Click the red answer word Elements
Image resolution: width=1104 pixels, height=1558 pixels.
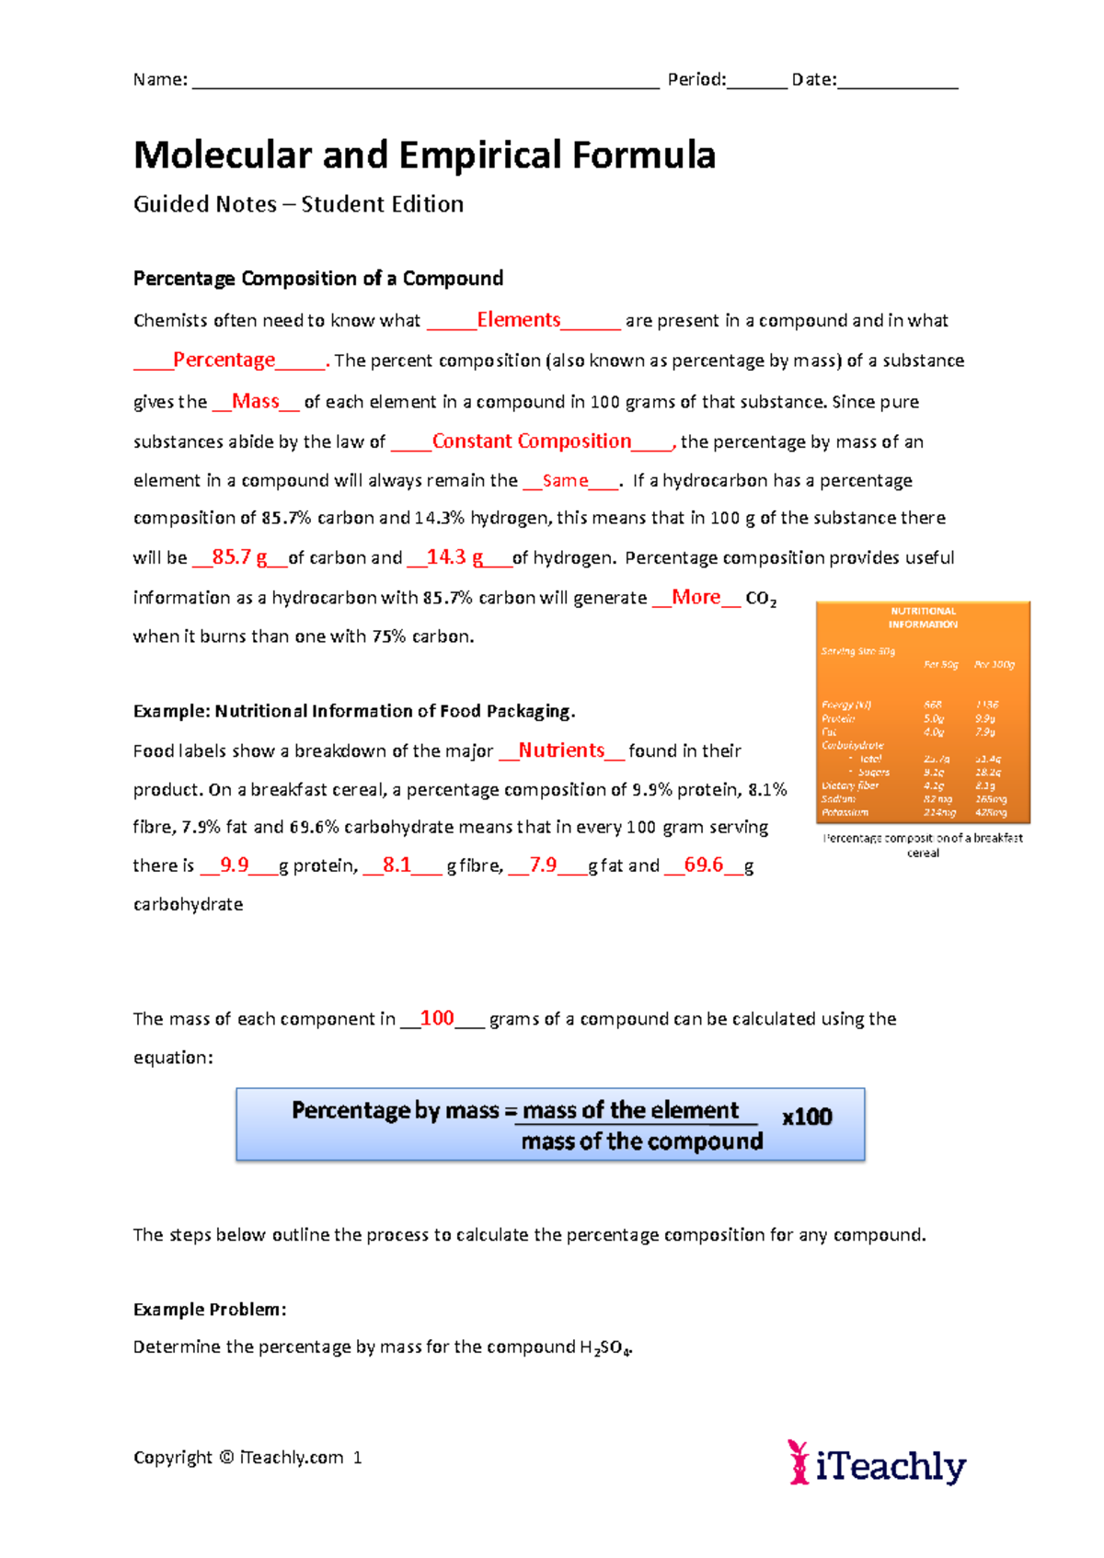(518, 320)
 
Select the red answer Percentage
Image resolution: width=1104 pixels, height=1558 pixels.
(224, 360)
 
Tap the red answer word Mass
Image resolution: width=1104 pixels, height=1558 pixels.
(255, 401)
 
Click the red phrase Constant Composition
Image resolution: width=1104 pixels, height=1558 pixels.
(531, 441)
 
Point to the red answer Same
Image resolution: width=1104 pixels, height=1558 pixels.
(565, 481)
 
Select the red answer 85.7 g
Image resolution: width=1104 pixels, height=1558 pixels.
(239, 557)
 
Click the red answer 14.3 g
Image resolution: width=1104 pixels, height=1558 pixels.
(454, 557)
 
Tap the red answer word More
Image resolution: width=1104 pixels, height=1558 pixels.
(696, 597)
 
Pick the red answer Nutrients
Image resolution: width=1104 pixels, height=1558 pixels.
(561, 750)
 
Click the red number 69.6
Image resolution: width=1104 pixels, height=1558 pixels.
(703, 865)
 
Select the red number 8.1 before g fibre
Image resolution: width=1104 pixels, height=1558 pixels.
(397, 865)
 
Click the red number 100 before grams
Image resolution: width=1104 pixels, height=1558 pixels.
(437, 1018)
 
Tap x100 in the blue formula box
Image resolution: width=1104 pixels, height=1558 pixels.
(807, 1117)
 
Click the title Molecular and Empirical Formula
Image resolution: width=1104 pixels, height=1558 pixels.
(424, 155)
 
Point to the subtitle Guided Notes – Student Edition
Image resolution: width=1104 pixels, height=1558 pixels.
(298, 204)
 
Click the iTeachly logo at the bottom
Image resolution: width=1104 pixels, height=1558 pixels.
(877, 1462)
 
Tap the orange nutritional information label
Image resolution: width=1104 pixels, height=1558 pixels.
(923, 712)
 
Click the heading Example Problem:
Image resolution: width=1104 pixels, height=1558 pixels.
(210, 1309)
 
